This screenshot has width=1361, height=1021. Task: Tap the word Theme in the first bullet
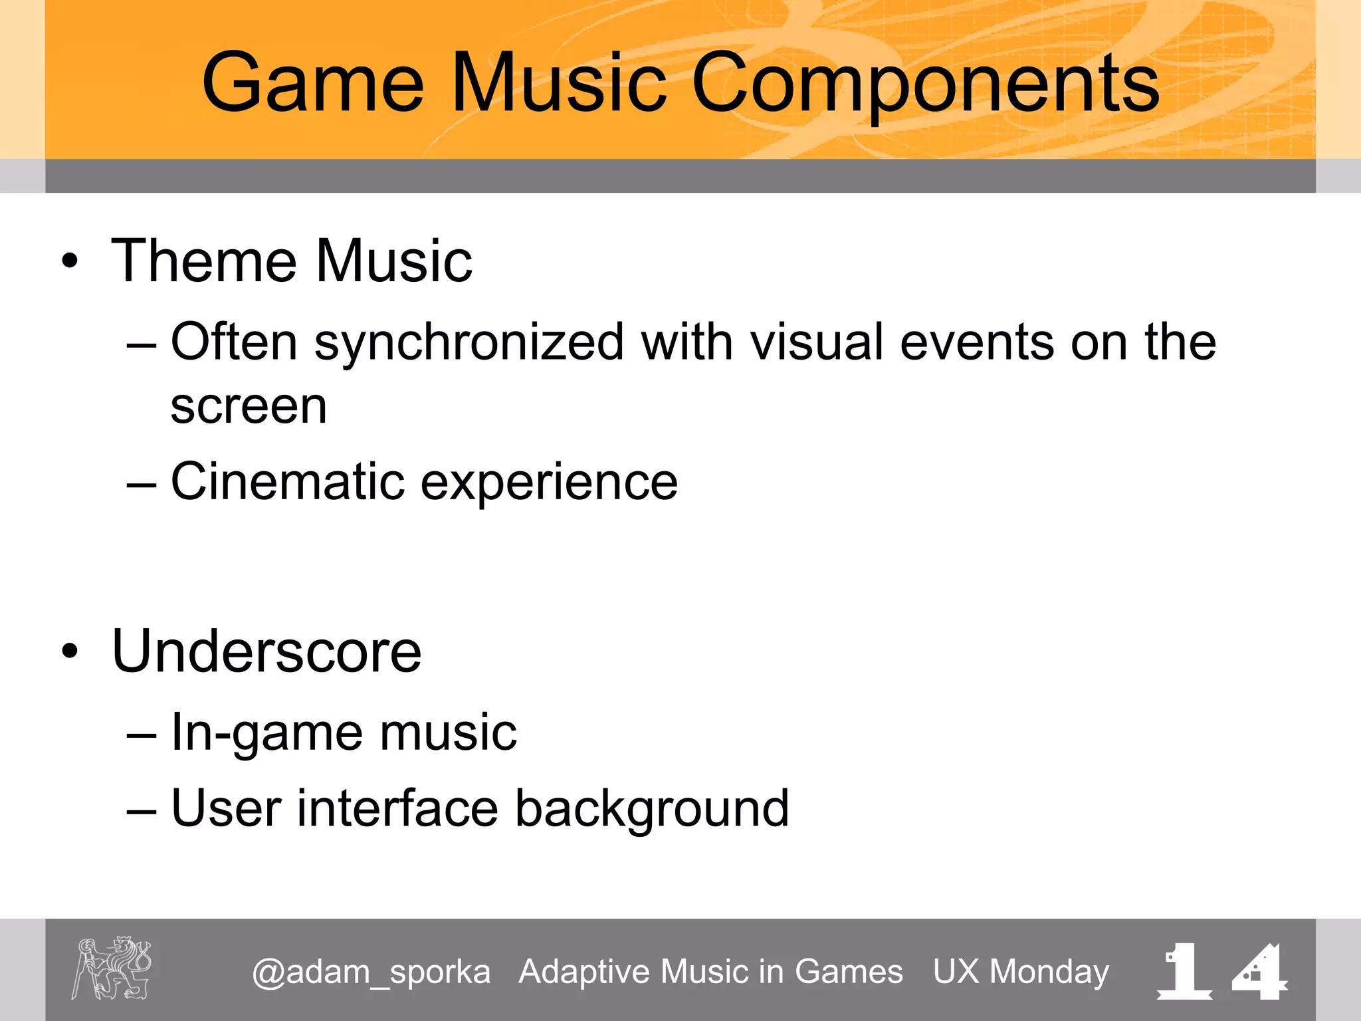click(203, 261)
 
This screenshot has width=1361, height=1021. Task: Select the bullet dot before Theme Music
click(70, 261)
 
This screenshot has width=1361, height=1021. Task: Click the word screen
click(249, 407)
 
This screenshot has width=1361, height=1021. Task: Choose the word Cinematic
click(287, 481)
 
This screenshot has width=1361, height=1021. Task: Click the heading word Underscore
click(266, 652)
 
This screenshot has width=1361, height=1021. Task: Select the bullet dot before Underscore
click(70, 651)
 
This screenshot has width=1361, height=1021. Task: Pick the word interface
click(397, 809)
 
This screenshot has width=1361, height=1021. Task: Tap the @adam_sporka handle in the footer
click(371, 972)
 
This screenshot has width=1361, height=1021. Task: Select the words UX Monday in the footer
click(1021, 972)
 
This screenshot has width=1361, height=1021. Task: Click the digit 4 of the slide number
click(1259, 972)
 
